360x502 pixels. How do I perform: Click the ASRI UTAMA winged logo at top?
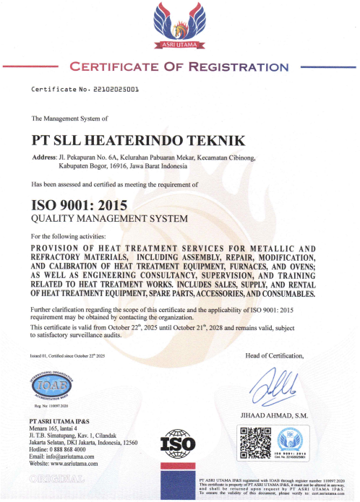tap(179, 27)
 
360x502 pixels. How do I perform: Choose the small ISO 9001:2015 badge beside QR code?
tap(293, 441)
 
